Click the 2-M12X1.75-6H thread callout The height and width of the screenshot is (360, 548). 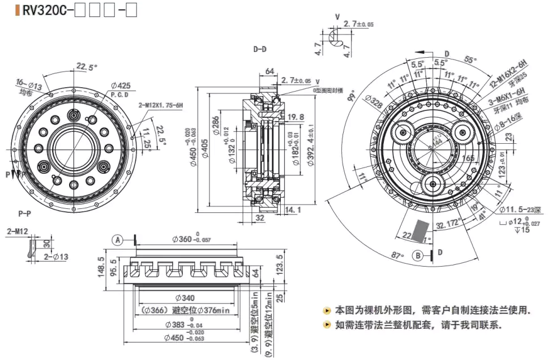click(x=161, y=106)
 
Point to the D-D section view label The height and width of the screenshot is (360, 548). click(x=260, y=49)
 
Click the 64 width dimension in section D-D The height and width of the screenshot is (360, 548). click(x=269, y=71)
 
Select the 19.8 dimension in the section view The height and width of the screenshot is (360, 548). click(x=296, y=117)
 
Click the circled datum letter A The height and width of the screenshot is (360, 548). click(x=118, y=239)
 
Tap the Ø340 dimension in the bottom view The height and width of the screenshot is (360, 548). click(x=185, y=298)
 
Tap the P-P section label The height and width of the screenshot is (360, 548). click(x=24, y=214)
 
